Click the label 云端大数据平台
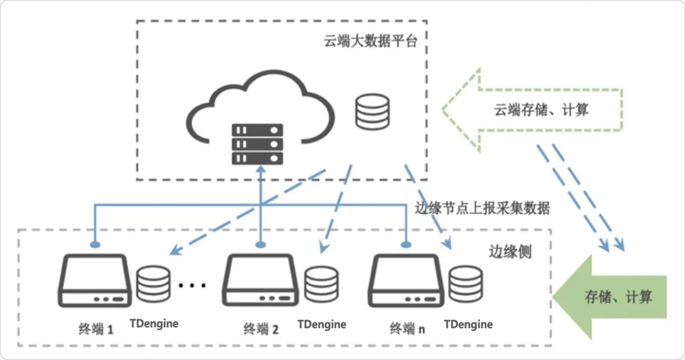(370, 41)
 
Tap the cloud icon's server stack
(257, 144)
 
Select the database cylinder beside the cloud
(372, 112)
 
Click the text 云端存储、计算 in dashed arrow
(541, 110)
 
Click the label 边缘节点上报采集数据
(482, 208)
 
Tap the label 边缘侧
(510, 252)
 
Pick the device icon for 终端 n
(407, 281)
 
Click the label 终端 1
(96, 330)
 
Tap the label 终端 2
(261, 330)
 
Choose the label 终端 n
(407, 330)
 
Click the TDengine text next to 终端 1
(154, 323)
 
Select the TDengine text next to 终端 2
(322, 324)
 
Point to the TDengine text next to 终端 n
(468, 324)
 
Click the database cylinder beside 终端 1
(153, 284)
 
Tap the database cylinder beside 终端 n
(465, 284)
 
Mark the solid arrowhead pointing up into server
(261, 170)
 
